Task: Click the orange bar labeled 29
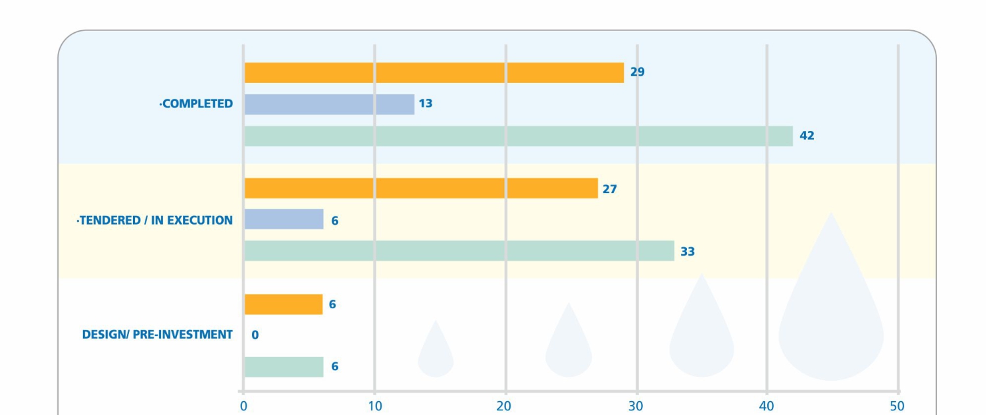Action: [434, 72]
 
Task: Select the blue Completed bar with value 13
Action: [329, 104]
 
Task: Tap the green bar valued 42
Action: [518, 136]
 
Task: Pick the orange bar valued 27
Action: [421, 188]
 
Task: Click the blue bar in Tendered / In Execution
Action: [284, 219]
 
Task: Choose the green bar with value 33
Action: [459, 251]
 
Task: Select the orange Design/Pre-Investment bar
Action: [283, 304]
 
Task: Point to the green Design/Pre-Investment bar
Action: [284, 367]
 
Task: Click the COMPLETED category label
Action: [196, 104]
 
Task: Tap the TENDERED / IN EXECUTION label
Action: [155, 220]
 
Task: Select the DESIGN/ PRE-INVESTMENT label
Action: [157, 335]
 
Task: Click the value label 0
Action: [255, 335]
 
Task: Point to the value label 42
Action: [807, 136]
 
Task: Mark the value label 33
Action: [688, 252]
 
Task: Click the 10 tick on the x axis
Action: [374, 406]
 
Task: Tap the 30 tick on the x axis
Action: [636, 406]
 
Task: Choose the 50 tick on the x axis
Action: [897, 406]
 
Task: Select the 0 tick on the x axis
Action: [243, 406]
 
